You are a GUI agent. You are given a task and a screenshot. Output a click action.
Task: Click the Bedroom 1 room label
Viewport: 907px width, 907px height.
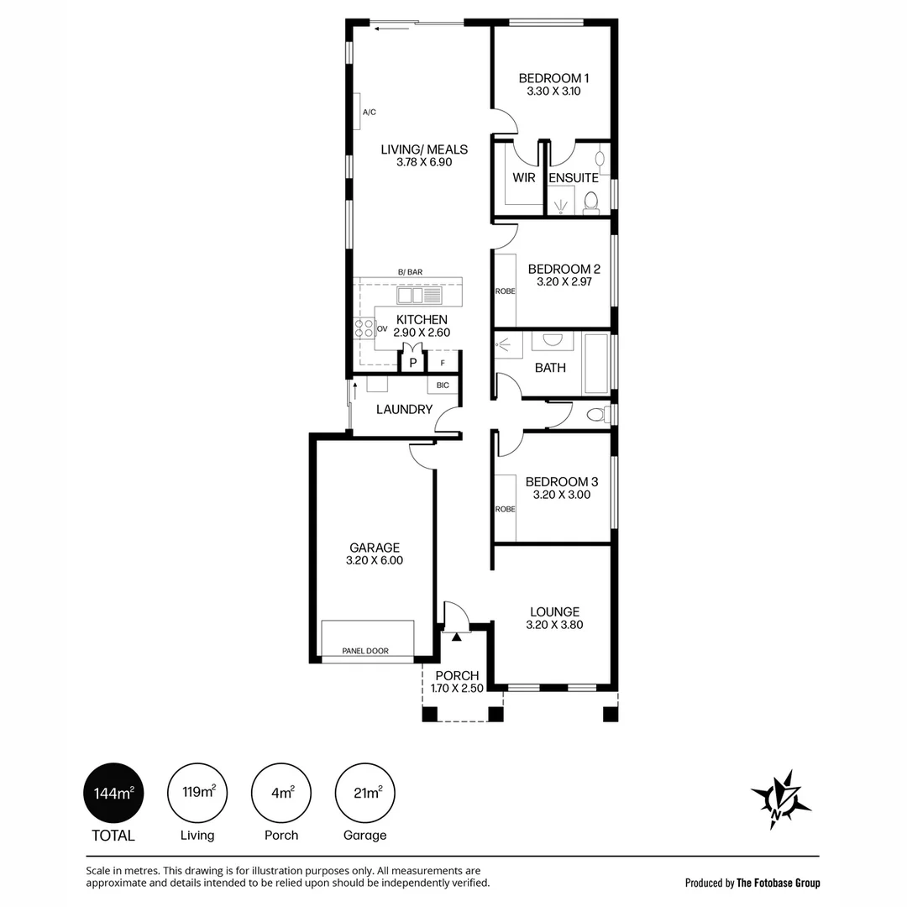pos(553,78)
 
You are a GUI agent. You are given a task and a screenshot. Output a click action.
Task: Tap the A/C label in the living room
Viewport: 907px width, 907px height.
pos(369,113)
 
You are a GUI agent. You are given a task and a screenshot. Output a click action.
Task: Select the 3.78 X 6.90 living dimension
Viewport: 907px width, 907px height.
pos(424,163)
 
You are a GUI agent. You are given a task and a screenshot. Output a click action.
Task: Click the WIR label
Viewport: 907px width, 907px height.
pos(523,177)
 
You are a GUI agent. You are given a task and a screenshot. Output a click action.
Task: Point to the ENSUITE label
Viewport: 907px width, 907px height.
pos(574,177)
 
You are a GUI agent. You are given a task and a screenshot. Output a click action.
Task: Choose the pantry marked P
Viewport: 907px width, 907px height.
pos(412,362)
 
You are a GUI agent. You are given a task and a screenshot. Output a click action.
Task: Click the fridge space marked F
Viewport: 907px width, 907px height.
pos(443,362)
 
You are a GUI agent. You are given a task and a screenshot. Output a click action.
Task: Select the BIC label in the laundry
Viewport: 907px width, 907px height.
pos(443,385)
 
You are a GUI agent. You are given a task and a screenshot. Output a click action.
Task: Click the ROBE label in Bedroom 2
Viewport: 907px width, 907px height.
pos(505,291)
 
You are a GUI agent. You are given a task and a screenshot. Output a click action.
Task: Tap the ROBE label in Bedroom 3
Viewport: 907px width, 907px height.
pos(505,509)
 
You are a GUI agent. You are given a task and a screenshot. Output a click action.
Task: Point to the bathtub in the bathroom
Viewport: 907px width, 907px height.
pos(596,364)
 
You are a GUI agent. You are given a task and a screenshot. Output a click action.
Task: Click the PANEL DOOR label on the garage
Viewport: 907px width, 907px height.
pos(365,651)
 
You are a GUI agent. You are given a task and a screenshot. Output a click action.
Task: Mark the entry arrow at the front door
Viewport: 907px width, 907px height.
pos(456,637)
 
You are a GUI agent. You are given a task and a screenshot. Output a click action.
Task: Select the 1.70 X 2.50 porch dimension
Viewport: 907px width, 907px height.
pos(457,689)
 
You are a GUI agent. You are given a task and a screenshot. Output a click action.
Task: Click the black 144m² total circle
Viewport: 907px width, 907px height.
pos(113,793)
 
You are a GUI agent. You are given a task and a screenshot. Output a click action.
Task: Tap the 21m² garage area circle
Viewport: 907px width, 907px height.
pos(365,793)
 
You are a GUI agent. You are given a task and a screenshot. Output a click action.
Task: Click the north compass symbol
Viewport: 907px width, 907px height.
pos(781,800)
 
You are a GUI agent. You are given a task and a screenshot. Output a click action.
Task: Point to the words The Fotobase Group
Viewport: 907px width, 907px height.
pos(778,883)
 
